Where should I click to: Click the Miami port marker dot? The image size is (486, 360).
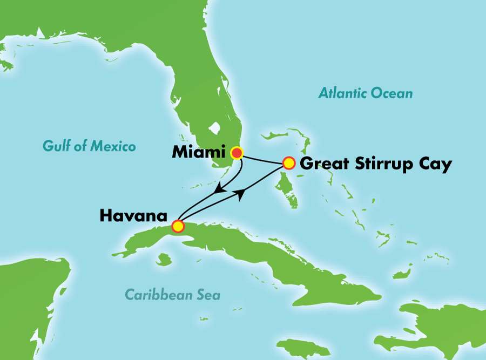[x=237, y=153]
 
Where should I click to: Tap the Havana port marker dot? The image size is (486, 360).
[x=178, y=226]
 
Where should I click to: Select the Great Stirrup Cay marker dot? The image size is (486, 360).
[x=289, y=163]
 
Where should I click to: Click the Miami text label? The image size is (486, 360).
[x=199, y=153]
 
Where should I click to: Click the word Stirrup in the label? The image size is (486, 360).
[x=382, y=164]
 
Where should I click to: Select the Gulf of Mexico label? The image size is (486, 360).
[x=90, y=146]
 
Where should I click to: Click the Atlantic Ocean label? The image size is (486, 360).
[x=366, y=93]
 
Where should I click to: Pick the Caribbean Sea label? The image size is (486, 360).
[x=172, y=295]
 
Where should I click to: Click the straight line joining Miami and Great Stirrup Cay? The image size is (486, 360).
[x=263, y=159]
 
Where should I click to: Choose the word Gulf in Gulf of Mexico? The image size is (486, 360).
[x=55, y=146]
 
